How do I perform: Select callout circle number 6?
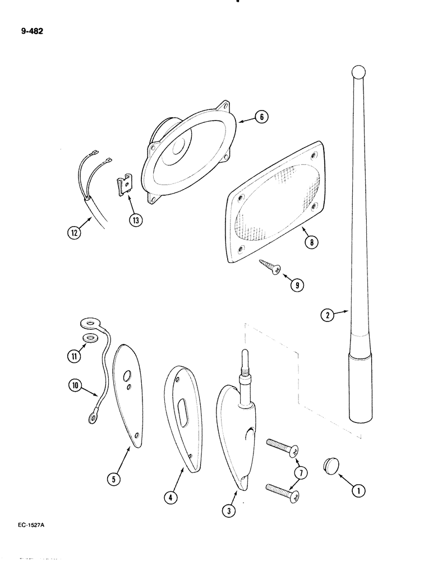click(261, 117)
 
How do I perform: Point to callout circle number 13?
click(135, 219)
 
